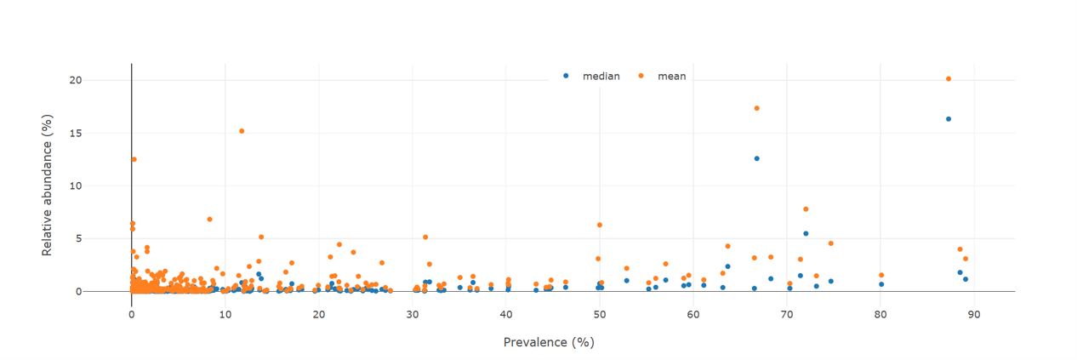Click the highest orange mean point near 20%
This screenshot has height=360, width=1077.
coord(949,79)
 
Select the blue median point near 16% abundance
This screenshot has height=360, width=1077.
coord(949,119)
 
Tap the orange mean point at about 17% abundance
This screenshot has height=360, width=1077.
coord(756,108)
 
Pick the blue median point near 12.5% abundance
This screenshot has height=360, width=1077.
coord(756,158)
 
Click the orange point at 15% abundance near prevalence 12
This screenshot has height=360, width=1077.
coord(242,131)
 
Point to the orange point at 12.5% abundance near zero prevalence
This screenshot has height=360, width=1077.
coord(134,159)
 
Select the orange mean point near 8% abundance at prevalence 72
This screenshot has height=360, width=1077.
coord(806,209)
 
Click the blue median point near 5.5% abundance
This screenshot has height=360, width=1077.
coord(806,233)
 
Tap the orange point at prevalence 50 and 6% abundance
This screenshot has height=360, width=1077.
coord(600,225)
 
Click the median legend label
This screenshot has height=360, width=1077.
coord(601,77)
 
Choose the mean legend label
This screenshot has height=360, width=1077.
coord(671,77)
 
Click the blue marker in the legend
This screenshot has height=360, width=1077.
coord(566,77)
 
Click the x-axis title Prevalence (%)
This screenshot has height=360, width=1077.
coord(548,342)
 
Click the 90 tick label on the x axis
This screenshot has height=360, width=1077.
coord(974,314)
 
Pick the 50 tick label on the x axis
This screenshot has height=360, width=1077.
coord(600,314)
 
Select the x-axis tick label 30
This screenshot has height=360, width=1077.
coord(413,314)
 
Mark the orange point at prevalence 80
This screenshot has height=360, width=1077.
coord(881,275)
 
